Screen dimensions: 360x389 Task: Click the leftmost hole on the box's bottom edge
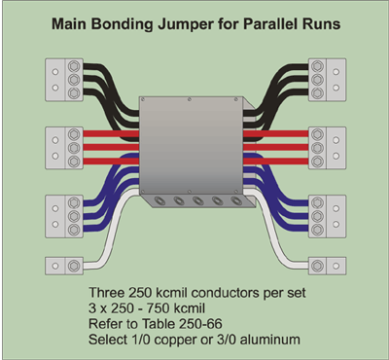pyautogui.click(x=155, y=204)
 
